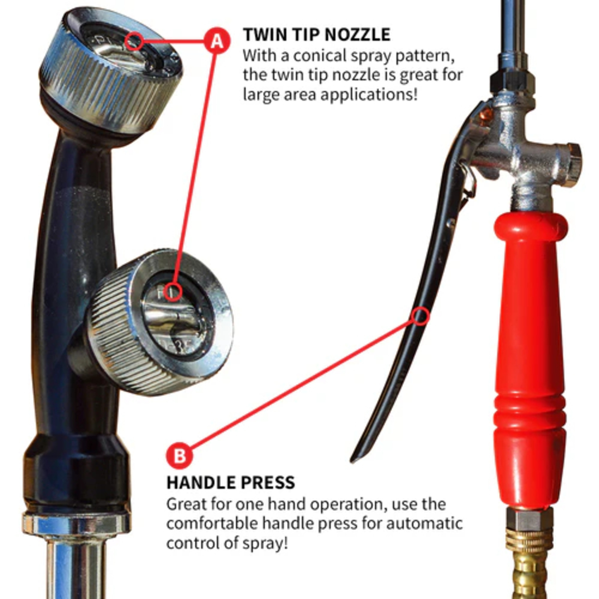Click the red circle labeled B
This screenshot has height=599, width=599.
(x=179, y=456)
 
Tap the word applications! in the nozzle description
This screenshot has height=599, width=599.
(x=369, y=95)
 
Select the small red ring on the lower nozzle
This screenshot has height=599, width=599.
(x=173, y=292)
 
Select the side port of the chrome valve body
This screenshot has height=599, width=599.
(x=572, y=164)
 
